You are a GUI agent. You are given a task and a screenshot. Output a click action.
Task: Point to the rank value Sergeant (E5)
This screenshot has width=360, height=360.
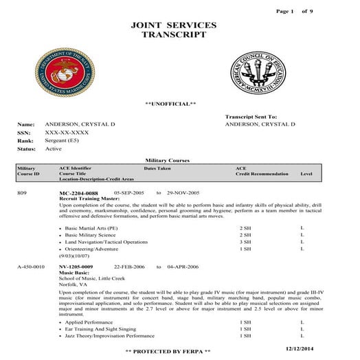(x=66, y=140)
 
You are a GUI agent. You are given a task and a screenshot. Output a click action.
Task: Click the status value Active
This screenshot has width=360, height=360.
(x=54, y=148)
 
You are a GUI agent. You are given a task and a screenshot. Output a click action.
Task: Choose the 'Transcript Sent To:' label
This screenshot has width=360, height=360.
(x=251, y=117)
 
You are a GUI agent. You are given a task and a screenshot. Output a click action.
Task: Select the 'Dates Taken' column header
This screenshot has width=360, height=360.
(x=158, y=168)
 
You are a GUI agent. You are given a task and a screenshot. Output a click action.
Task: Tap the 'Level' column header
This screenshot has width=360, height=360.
(x=306, y=174)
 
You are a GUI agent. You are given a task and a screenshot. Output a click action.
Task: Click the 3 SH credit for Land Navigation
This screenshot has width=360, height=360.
(x=245, y=242)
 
